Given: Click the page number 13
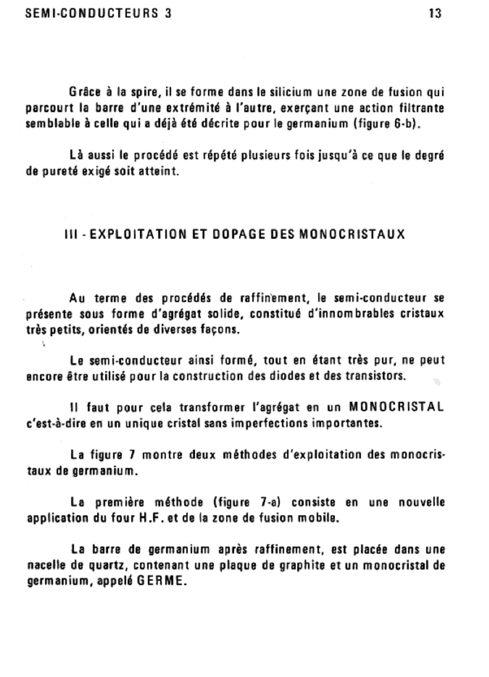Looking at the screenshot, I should click(x=435, y=14).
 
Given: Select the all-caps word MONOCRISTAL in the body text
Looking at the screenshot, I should click(x=396, y=407).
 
